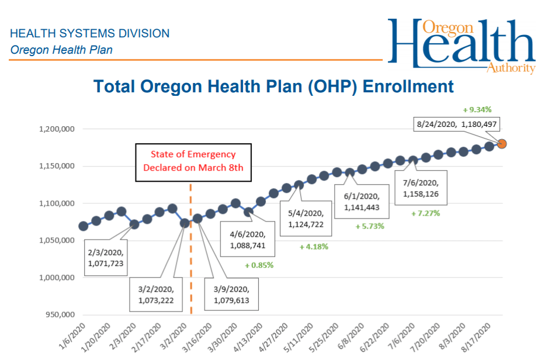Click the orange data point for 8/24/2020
click(502, 143)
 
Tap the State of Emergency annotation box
click(193, 162)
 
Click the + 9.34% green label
click(477, 109)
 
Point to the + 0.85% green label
click(259, 265)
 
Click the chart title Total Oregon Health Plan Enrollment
click(273, 86)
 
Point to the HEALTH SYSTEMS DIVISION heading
click(90, 33)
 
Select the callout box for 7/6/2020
click(421, 188)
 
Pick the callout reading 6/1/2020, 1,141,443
click(360, 202)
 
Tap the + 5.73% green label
click(370, 226)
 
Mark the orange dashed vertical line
click(190, 251)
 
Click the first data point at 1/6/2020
click(84, 226)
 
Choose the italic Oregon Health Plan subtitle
click(61, 50)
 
